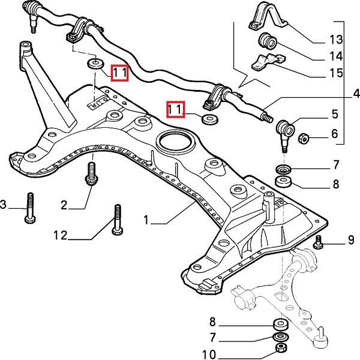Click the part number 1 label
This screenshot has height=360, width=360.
(146, 221)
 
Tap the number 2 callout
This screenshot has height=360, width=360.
(64, 205)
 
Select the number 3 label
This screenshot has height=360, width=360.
(3, 206)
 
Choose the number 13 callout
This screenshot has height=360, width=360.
(335, 40)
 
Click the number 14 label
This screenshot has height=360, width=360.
(335, 57)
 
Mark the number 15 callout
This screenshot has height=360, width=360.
(335, 73)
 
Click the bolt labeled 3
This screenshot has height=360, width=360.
(29, 208)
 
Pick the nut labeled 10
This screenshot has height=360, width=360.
(280, 348)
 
